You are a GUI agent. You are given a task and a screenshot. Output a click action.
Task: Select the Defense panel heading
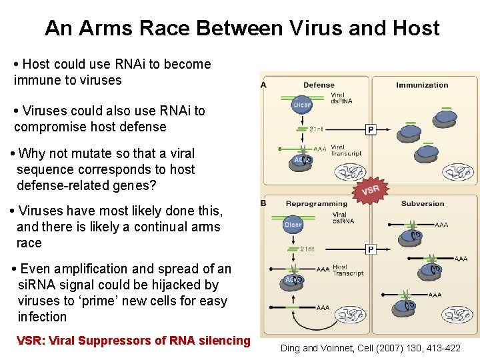click(x=319, y=85)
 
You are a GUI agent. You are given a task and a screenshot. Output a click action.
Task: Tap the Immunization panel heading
click(x=422, y=85)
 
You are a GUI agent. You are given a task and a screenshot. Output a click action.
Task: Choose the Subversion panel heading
click(x=422, y=203)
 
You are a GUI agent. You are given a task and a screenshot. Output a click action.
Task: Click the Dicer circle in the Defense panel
click(x=302, y=105)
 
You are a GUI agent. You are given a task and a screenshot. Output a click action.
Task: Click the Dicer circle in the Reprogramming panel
click(x=293, y=225)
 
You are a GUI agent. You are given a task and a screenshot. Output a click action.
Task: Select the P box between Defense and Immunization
click(x=371, y=129)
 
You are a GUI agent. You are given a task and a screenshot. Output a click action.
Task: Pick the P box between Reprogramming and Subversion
click(x=371, y=249)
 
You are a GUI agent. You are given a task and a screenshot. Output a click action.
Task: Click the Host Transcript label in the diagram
click(x=347, y=270)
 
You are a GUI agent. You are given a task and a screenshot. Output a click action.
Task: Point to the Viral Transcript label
click(x=346, y=150)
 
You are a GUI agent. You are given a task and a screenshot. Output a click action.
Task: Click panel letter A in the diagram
click(x=264, y=85)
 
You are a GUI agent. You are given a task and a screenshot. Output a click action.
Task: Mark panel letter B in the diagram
click(x=264, y=203)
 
